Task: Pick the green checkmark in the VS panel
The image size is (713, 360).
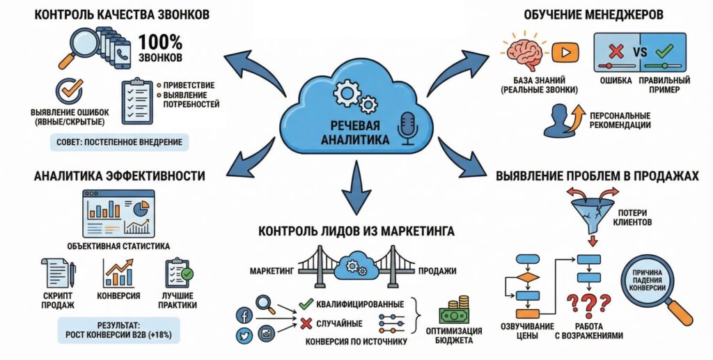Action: tap(663, 50)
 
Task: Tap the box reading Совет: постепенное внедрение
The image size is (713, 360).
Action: tap(120, 143)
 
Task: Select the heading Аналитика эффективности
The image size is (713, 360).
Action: tap(119, 176)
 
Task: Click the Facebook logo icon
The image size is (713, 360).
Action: tap(245, 313)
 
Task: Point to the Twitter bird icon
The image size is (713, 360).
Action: tap(245, 336)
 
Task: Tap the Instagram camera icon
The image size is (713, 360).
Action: tap(266, 334)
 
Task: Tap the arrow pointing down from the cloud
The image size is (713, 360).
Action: tap(356, 187)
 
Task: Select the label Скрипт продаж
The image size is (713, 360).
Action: tap(58, 300)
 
